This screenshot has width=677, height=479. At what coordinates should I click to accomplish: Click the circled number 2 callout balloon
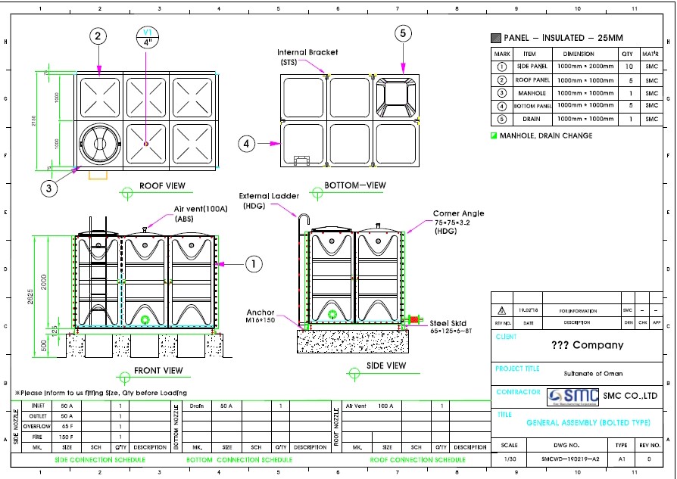coord(98,36)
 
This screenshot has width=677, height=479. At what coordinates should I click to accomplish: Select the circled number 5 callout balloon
coord(403,33)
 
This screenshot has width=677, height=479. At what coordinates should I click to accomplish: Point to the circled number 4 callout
coord(247,143)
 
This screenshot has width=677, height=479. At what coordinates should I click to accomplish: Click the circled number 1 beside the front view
coord(254,263)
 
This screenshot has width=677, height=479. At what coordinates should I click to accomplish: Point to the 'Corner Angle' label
coord(458,213)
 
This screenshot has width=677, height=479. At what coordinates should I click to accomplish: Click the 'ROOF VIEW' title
coord(162,185)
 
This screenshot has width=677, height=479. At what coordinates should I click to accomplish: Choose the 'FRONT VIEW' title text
coord(158,371)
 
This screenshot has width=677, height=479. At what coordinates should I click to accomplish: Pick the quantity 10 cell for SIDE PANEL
coord(626,67)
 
